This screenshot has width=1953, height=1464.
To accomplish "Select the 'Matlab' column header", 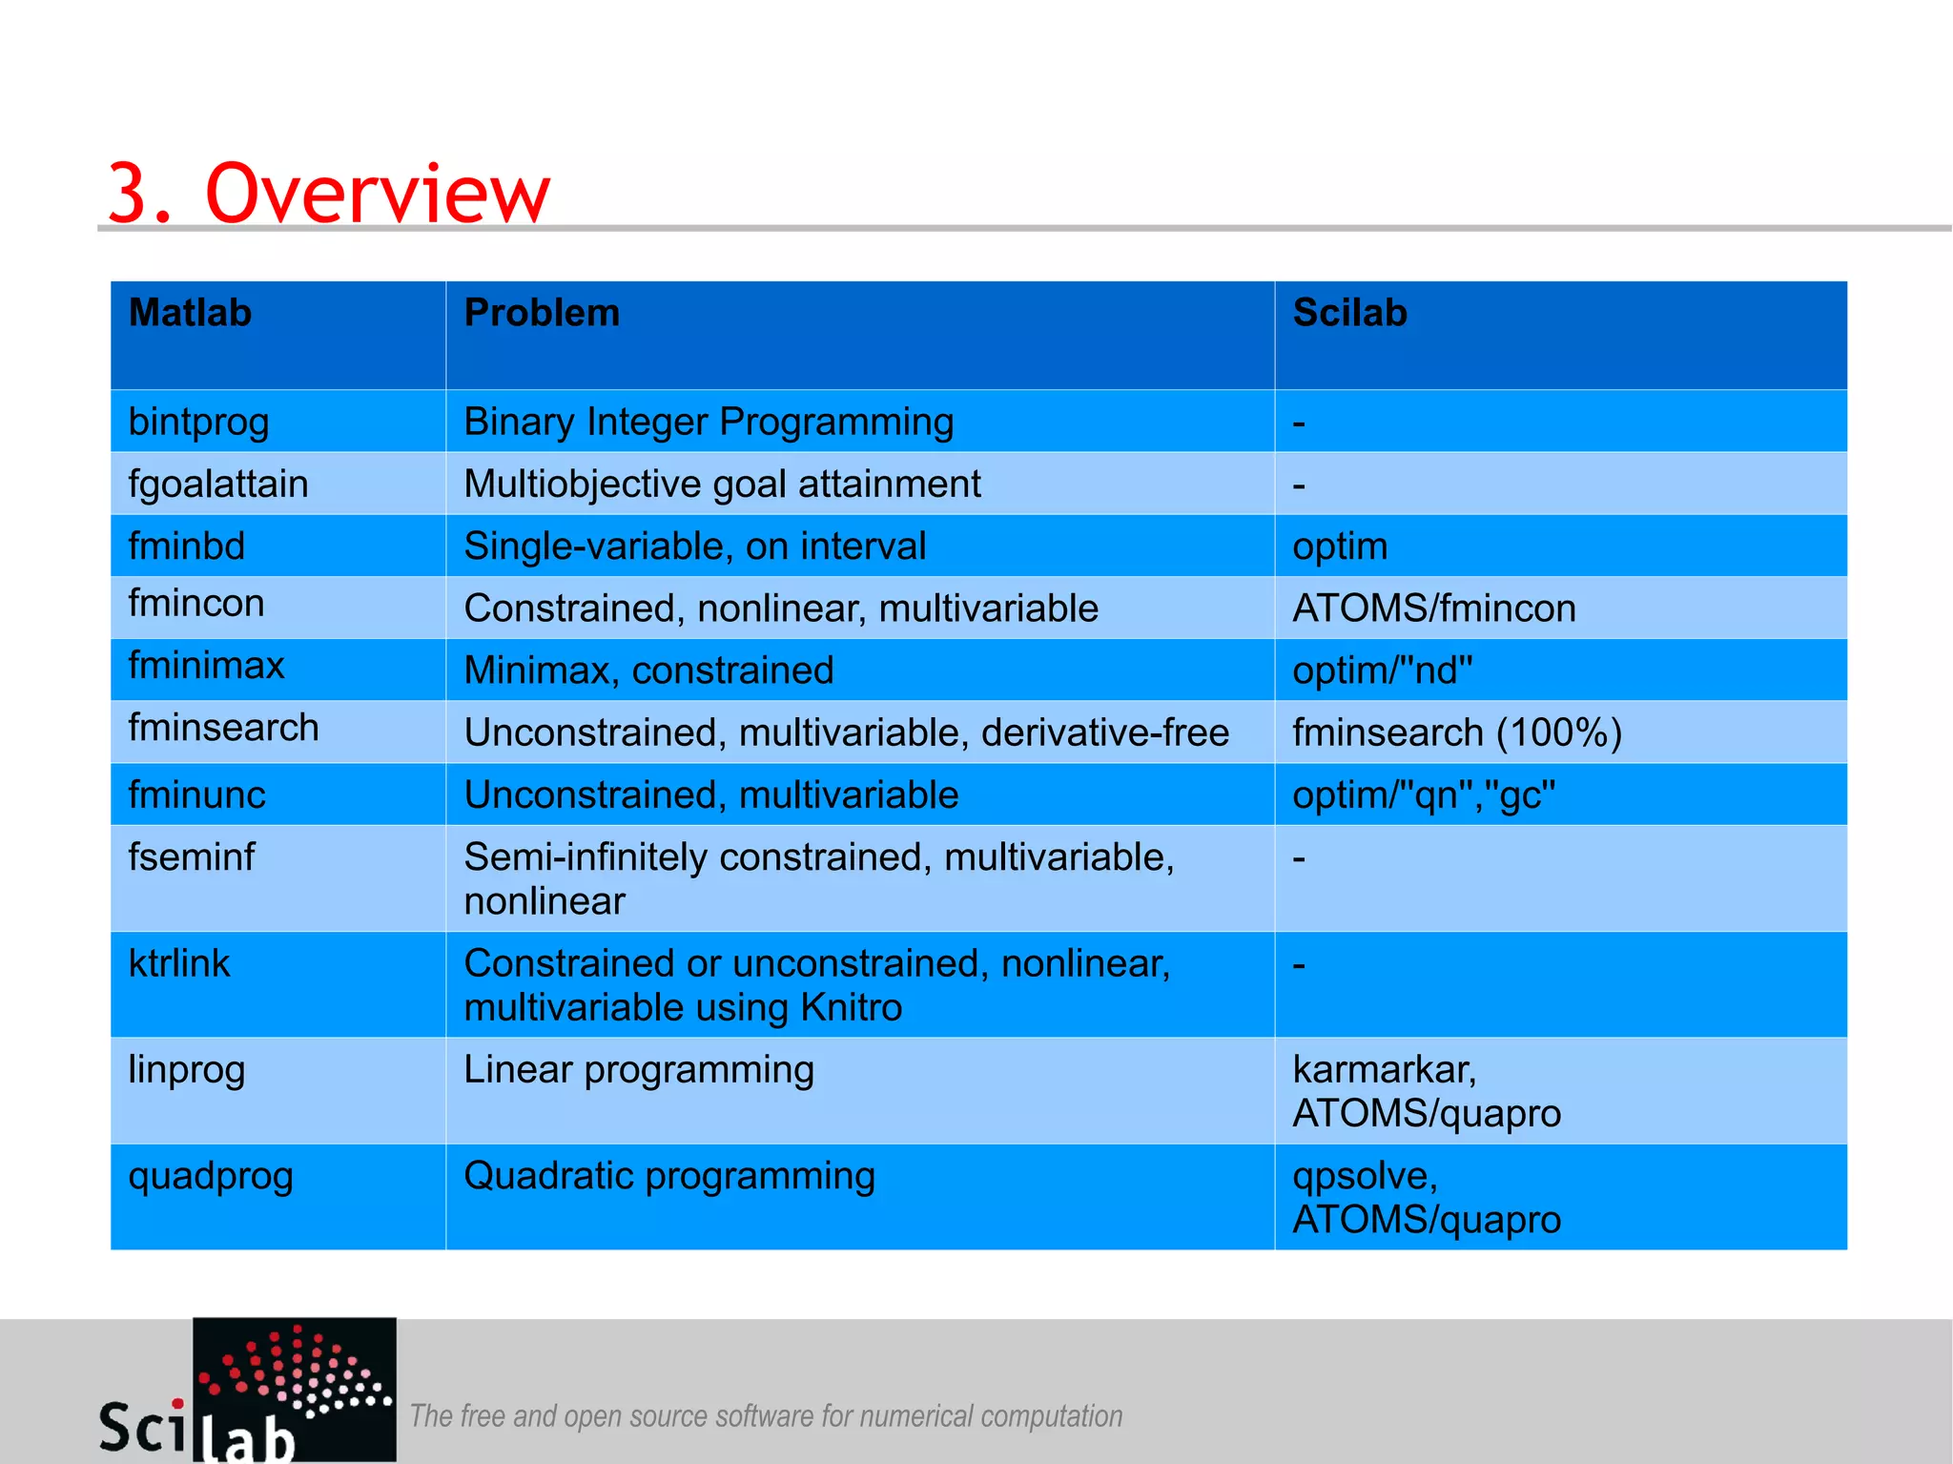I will click(190, 313).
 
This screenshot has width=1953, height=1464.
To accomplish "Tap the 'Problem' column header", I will click(542, 313).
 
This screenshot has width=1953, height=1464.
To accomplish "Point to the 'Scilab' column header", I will click(1349, 313).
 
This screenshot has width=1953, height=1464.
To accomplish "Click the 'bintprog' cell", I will click(198, 422).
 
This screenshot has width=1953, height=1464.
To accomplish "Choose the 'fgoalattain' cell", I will click(218, 484).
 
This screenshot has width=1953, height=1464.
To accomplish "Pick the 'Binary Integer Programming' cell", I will click(709, 422).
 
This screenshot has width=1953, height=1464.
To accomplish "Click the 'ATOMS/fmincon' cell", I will click(1433, 608).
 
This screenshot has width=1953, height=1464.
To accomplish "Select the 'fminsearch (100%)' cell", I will click(1456, 732).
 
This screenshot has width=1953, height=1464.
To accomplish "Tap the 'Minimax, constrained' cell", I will click(648, 670).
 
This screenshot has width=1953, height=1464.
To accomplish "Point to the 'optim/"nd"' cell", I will click(1382, 670).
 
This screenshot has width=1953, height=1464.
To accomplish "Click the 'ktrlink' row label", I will click(179, 963).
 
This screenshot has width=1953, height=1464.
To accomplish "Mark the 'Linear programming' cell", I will click(639, 1069).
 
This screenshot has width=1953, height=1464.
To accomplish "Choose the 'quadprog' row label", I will click(211, 1176).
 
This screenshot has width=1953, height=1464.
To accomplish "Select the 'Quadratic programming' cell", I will click(669, 1176).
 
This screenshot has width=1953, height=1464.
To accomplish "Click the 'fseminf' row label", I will click(192, 856).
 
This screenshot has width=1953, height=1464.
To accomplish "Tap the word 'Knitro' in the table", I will click(851, 1007).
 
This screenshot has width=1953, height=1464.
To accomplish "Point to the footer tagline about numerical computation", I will click(766, 1416).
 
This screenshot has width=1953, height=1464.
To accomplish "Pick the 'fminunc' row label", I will click(196, 794).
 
